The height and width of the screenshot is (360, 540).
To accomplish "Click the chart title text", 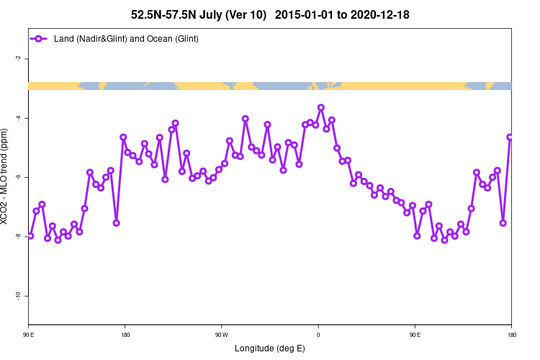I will click(270, 14).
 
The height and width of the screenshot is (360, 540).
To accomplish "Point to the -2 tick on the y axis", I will click(17, 59).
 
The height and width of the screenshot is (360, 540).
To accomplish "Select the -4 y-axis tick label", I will click(17, 118).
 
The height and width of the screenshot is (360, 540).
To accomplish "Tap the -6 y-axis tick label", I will click(17, 177).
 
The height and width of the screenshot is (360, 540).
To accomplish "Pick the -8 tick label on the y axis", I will click(17, 236).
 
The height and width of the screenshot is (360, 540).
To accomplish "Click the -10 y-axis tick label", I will click(17, 295).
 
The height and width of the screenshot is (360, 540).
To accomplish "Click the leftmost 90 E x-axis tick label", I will click(29, 335).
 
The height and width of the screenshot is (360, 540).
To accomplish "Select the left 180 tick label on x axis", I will click(125, 335).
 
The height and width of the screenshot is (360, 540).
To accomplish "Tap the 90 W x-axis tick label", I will click(221, 335).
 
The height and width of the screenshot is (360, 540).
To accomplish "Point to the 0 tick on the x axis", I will click(318, 335).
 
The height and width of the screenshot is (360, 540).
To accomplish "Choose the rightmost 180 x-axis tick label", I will click(511, 335).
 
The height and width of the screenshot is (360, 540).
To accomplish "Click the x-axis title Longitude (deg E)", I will click(270, 348).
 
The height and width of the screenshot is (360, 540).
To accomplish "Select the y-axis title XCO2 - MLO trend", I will click(6, 180).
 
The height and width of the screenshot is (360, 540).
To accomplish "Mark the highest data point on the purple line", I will click(321, 107).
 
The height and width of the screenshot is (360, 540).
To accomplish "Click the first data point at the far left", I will click(30, 235).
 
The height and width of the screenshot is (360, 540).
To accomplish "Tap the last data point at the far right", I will click(510, 137).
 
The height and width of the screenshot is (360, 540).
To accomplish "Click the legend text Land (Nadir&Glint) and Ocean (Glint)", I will click(126, 38).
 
